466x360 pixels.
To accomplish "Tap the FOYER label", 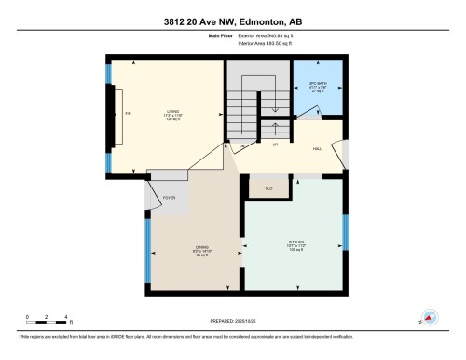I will pyautogui.click(x=169, y=198).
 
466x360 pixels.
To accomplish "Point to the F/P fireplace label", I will pyautogui.click(x=127, y=114).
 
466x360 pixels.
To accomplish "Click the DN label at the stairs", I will pyautogui.click(x=241, y=146).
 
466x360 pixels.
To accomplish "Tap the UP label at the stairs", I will pyautogui.click(x=276, y=146).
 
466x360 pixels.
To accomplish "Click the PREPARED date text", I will pyautogui.click(x=233, y=321).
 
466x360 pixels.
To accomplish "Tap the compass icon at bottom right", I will pyautogui.click(x=430, y=317).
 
